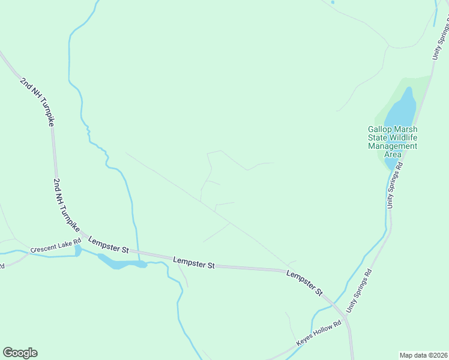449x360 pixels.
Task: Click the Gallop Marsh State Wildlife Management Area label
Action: pyautogui.click(x=393, y=141)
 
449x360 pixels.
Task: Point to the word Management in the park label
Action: pyautogui.click(x=393, y=146)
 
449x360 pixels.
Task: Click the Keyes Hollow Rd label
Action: pyautogui.click(x=322, y=334)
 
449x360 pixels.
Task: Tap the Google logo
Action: pyautogui.click(x=20, y=353)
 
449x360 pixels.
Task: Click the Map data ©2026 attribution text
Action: pyautogui.click(x=423, y=355)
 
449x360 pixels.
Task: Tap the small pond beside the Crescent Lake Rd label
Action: pyautogui.click(x=78, y=250)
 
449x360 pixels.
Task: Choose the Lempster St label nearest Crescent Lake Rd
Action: pyautogui.click(x=109, y=244)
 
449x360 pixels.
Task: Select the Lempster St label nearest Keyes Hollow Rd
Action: pyautogui.click(x=304, y=282)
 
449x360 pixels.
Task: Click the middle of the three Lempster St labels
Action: pyautogui.click(x=193, y=262)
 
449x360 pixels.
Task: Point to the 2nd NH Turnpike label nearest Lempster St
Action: pyautogui.click(x=66, y=202)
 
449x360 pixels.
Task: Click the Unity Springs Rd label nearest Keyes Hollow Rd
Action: pyautogui.click(x=360, y=289)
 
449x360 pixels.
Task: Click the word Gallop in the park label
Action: pyautogui.click(x=381, y=129)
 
